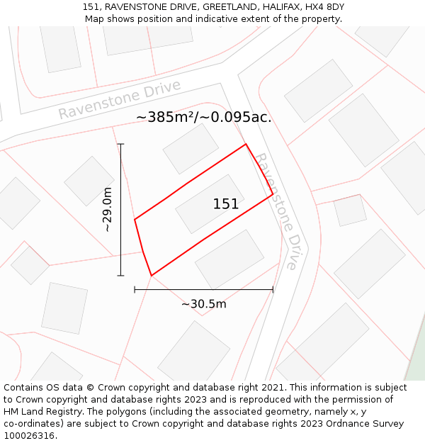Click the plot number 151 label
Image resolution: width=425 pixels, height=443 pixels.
click(x=226, y=204)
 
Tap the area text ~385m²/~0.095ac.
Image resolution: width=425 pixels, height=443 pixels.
click(x=204, y=117)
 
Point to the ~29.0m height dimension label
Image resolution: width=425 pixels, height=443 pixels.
click(x=108, y=209)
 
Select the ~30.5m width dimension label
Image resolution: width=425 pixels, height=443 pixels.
click(x=204, y=304)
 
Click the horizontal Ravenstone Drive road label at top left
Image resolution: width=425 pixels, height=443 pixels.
click(x=120, y=100)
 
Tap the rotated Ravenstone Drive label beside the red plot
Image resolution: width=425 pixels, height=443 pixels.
click(x=276, y=211)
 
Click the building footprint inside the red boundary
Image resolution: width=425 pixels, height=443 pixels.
click(x=210, y=203)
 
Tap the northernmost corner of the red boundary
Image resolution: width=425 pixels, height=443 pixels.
click(x=246, y=145)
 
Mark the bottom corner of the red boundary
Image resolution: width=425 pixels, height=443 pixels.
click(x=152, y=275)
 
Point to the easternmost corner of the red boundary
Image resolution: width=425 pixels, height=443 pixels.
click(x=273, y=194)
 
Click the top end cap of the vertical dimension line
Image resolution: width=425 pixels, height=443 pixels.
click(x=121, y=145)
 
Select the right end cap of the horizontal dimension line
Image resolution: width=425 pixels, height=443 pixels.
click(x=273, y=289)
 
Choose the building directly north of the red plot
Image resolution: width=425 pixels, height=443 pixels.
click(x=191, y=149)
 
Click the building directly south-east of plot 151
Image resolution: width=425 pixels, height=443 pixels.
click(x=229, y=259)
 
